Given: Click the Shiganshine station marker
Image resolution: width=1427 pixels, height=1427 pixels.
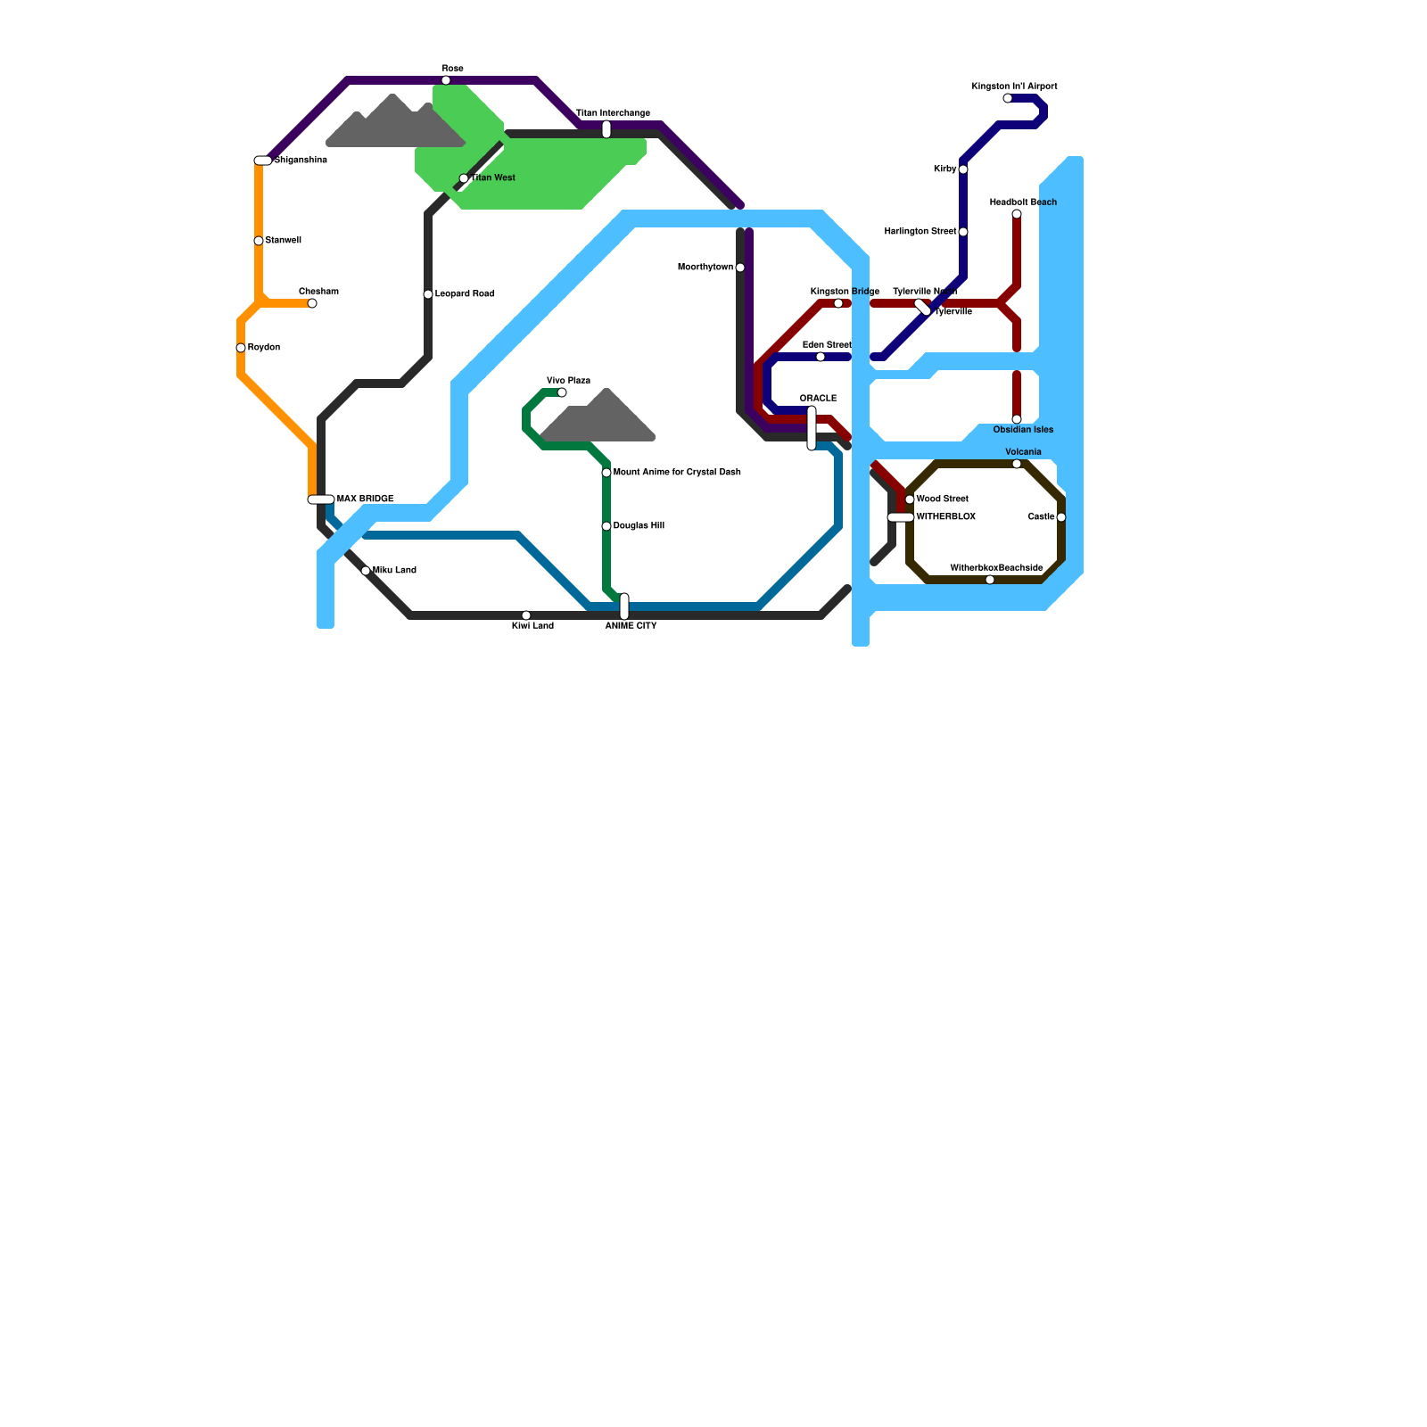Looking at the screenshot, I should click(x=263, y=161).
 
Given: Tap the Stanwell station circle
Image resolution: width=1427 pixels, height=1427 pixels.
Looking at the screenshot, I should click(x=259, y=241).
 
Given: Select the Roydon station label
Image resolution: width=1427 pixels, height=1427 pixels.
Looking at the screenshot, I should click(x=264, y=348).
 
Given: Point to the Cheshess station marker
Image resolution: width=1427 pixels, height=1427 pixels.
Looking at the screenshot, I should click(x=312, y=303).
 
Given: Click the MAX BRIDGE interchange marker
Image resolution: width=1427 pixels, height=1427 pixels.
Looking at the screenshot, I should click(x=321, y=499).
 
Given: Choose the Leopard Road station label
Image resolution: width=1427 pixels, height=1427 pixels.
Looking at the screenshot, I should click(x=465, y=294).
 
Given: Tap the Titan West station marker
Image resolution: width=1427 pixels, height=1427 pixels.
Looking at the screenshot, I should click(x=464, y=178).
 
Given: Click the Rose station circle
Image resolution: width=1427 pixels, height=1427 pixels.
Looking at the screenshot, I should click(x=446, y=80).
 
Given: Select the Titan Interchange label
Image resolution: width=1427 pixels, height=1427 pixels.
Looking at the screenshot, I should click(x=613, y=113).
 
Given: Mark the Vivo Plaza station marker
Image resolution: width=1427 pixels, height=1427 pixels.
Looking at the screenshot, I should click(x=562, y=392).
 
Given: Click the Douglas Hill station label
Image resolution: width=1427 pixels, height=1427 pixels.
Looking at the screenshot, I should click(x=639, y=526).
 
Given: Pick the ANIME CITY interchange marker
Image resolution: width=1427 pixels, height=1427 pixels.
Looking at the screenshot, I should click(x=624, y=606).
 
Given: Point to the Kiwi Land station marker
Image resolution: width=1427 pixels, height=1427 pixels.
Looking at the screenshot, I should click(x=526, y=615).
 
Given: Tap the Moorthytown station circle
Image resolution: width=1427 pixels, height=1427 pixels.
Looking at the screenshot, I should click(x=740, y=268).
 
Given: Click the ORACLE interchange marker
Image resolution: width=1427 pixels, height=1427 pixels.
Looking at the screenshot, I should click(x=812, y=428).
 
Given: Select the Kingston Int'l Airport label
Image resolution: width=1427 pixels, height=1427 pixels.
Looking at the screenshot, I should click(x=1014, y=87).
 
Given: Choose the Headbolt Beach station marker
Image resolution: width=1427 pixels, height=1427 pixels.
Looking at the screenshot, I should click(x=1017, y=214).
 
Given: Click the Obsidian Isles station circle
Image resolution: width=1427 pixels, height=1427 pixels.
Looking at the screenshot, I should click(x=1017, y=419).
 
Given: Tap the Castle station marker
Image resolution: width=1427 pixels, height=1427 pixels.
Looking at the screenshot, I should click(x=1061, y=517).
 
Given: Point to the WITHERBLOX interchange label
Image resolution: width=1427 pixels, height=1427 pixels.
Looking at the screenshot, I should click(x=945, y=517).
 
